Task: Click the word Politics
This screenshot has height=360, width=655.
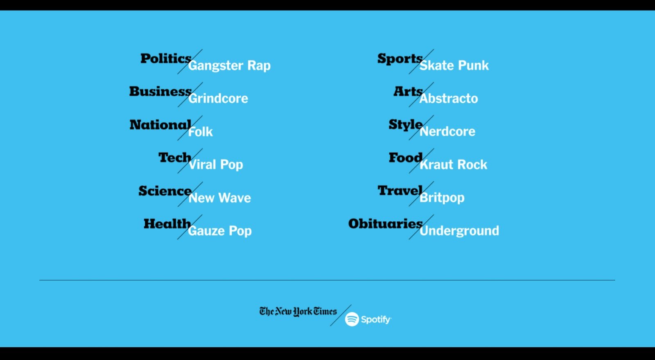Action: click(x=166, y=59)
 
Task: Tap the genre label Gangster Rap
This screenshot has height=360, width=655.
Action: click(x=229, y=66)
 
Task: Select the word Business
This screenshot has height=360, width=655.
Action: click(x=160, y=92)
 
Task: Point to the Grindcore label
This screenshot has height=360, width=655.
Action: click(x=218, y=99)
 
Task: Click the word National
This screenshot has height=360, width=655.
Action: click(x=160, y=125)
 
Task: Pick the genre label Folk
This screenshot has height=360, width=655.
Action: click(x=200, y=132)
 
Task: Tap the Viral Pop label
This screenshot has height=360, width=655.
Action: click(x=216, y=165)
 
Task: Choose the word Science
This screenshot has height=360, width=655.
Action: click(x=165, y=191)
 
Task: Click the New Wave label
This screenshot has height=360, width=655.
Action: click(x=219, y=198)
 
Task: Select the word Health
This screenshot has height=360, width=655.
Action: click(x=167, y=224)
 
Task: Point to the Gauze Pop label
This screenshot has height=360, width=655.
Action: click(x=219, y=231)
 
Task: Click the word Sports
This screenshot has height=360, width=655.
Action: click(x=400, y=59)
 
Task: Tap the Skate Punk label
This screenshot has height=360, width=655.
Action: click(x=454, y=65)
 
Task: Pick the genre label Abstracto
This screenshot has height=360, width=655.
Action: click(x=449, y=99)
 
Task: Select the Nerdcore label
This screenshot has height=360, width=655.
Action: click(x=447, y=131)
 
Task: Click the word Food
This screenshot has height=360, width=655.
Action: click(x=406, y=158)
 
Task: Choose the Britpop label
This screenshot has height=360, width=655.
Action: click(x=442, y=198)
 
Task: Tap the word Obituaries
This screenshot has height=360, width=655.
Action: click(x=385, y=224)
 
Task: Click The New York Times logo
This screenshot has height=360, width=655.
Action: click(x=298, y=311)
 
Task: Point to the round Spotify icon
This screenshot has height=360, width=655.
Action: click(x=352, y=319)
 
